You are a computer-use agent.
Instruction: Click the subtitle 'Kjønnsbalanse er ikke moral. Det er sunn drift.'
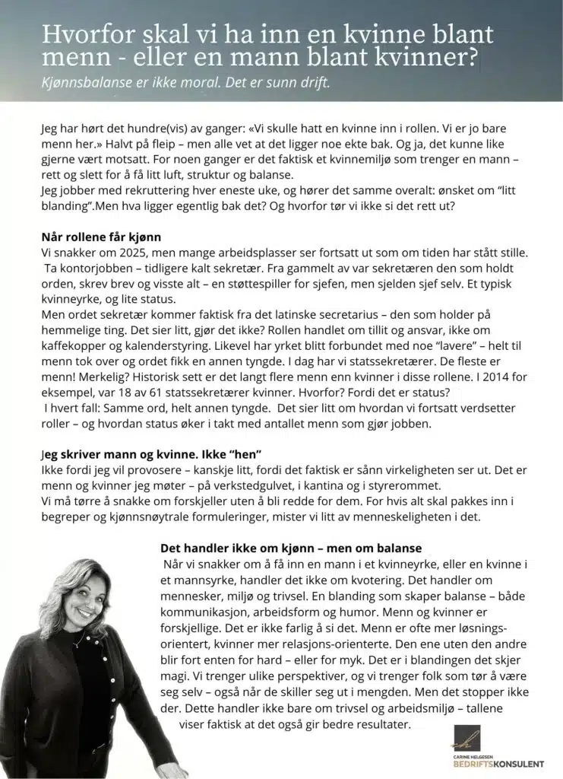point(186,83)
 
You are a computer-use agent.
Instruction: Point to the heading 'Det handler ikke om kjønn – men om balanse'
point(291,548)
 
